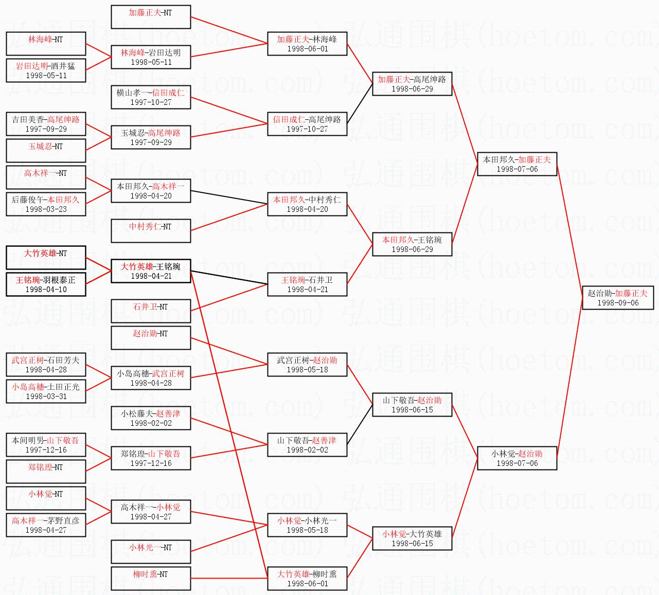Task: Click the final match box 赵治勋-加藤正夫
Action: click(618, 298)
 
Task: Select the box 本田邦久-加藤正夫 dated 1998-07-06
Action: click(517, 164)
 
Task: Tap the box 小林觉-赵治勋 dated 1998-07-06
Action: click(517, 458)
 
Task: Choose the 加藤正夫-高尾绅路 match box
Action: click(412, 84)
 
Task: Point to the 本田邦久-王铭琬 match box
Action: click(412, 244)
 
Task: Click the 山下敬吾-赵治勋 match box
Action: click(412, 404)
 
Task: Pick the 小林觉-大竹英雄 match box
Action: click(412, 538)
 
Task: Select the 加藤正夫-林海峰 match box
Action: click(307, 44)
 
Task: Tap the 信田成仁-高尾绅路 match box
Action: click(307, 124)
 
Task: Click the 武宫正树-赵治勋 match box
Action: click(307, 365)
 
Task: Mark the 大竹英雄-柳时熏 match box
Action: click(307, 578)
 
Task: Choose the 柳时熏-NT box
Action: click(151, 578)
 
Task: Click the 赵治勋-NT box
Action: click(151, 338)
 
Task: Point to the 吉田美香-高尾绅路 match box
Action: click(46, 124)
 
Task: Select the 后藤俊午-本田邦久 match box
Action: click(46, 204)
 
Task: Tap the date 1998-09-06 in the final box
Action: click(618, 302)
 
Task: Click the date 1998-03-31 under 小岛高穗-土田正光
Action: click(46, 396)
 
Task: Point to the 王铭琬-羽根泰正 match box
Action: click(46, 284)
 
